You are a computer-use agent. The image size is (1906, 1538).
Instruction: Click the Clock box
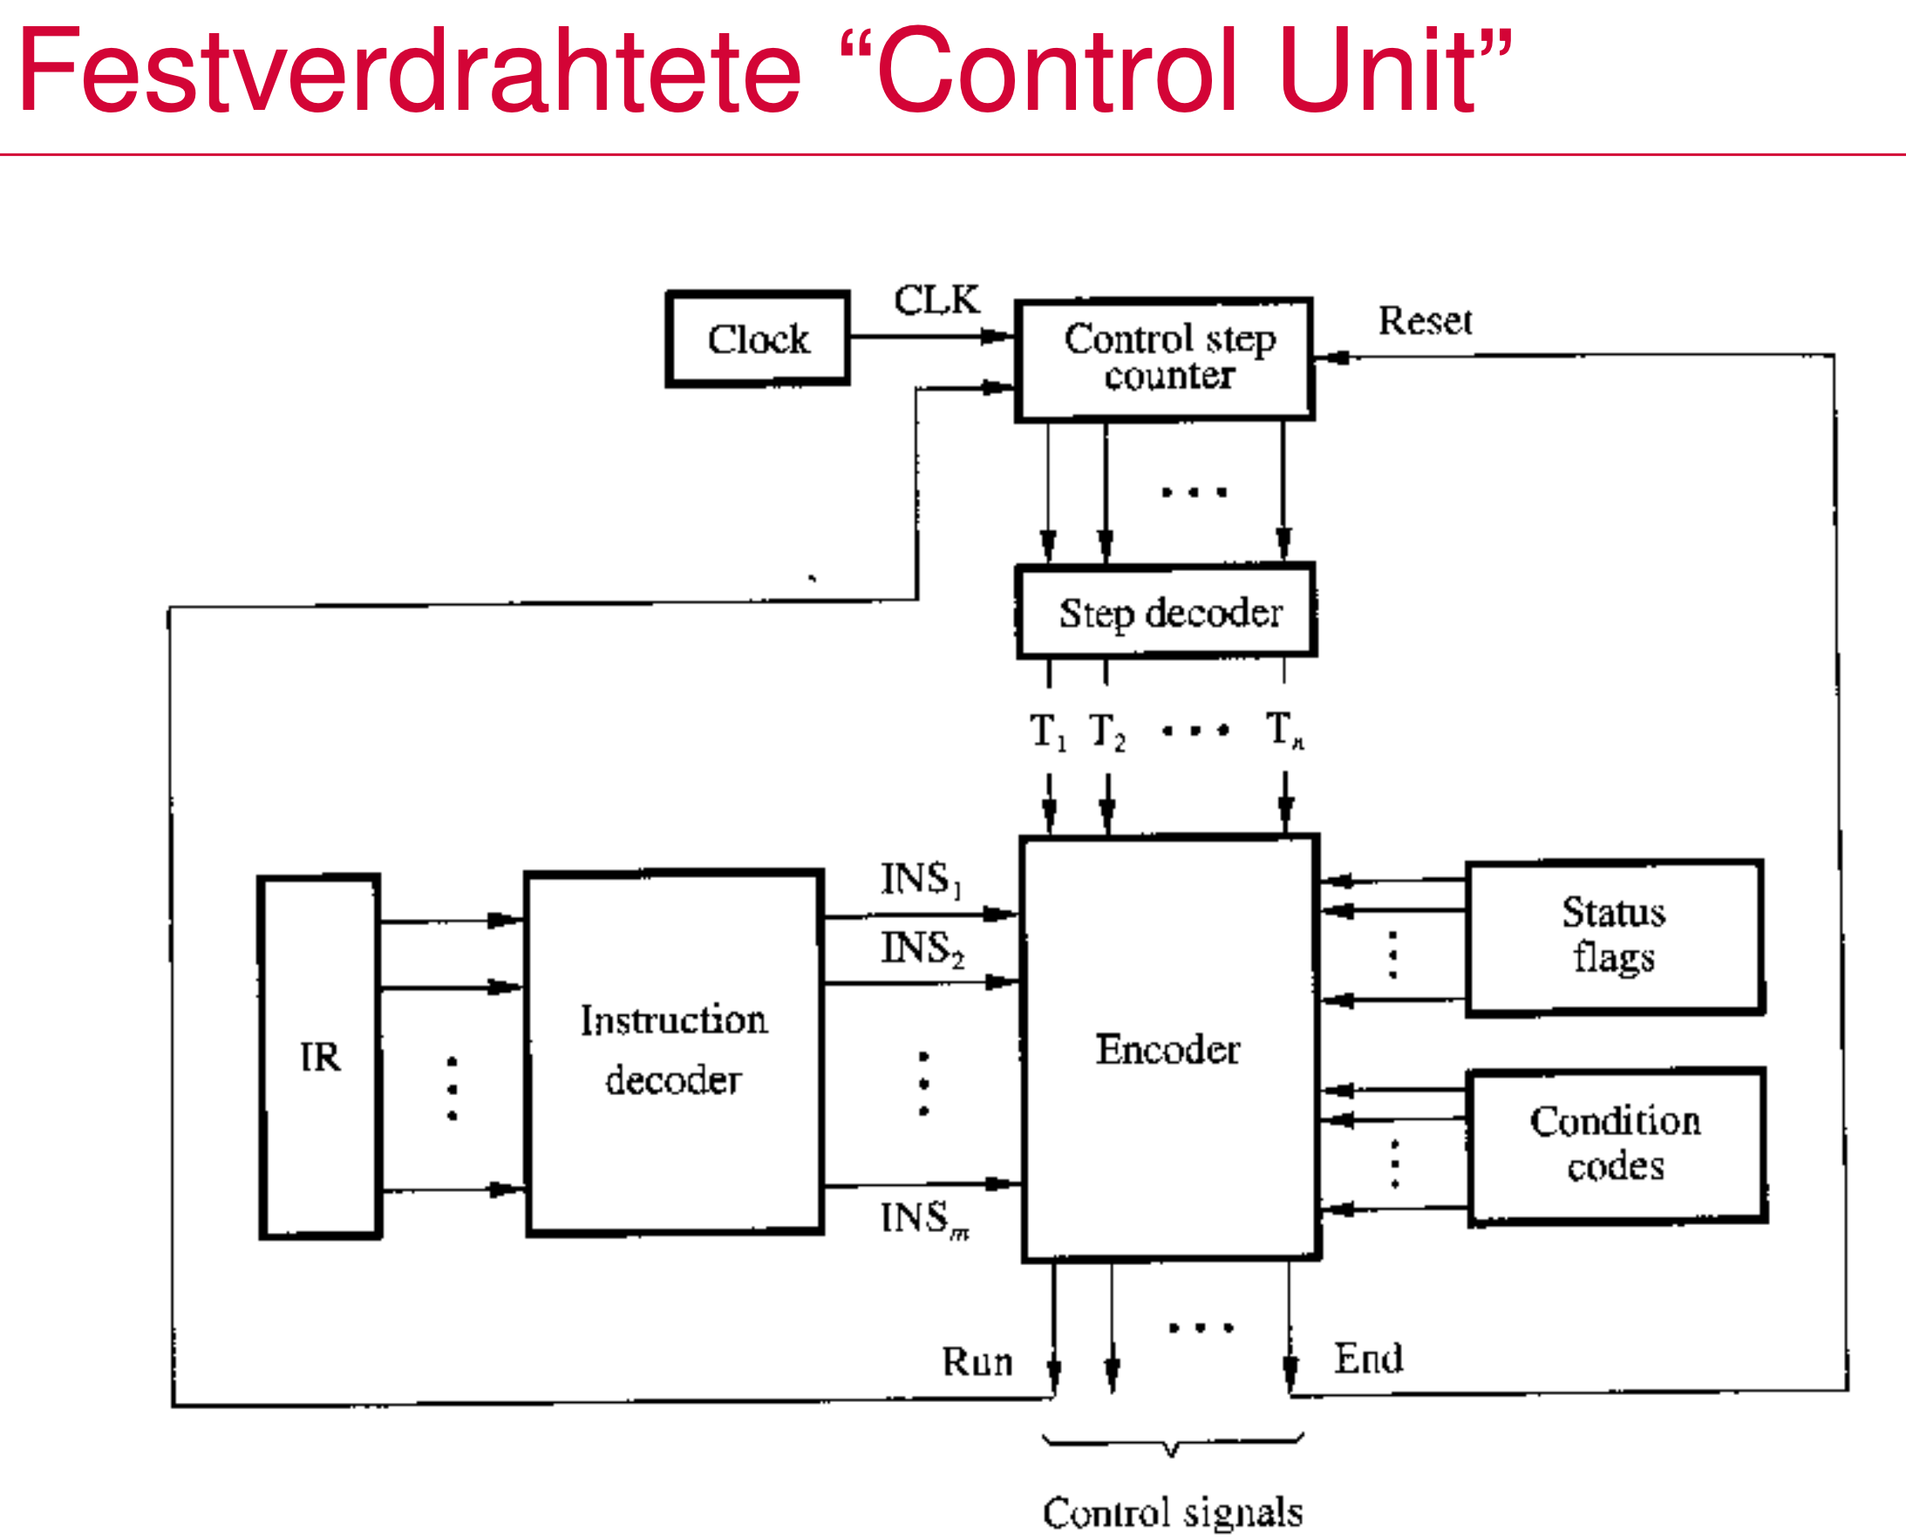coord(758,339)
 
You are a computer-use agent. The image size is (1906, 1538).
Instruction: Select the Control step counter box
coord(1164,359)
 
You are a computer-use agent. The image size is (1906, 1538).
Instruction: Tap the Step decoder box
coord(1167,612)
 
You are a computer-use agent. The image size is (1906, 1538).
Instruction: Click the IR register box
coord(320,1056)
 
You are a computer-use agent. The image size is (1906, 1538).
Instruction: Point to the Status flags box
coord(1615,936)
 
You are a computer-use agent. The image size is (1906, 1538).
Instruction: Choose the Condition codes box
coord(1617,1146)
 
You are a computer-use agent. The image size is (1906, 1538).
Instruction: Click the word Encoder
coord(1167,1050)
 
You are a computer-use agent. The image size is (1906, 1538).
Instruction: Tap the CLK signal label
coord(936,300)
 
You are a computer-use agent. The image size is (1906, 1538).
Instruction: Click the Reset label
coord(1425,321)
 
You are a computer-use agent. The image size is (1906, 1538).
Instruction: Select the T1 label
coord(1047,732)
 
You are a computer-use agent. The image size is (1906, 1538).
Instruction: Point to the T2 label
coord(1106,732)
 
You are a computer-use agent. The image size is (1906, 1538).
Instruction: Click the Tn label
coord(1285,731)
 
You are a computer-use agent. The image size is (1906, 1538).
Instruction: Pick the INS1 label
coord(921,879)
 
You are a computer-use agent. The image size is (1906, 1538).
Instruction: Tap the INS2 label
coord(922,948)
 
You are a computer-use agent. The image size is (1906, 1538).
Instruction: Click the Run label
coord(977,1362)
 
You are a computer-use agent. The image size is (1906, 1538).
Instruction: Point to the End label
coord(1368,1359)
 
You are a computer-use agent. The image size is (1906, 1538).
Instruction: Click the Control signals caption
coord(1173,1513)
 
